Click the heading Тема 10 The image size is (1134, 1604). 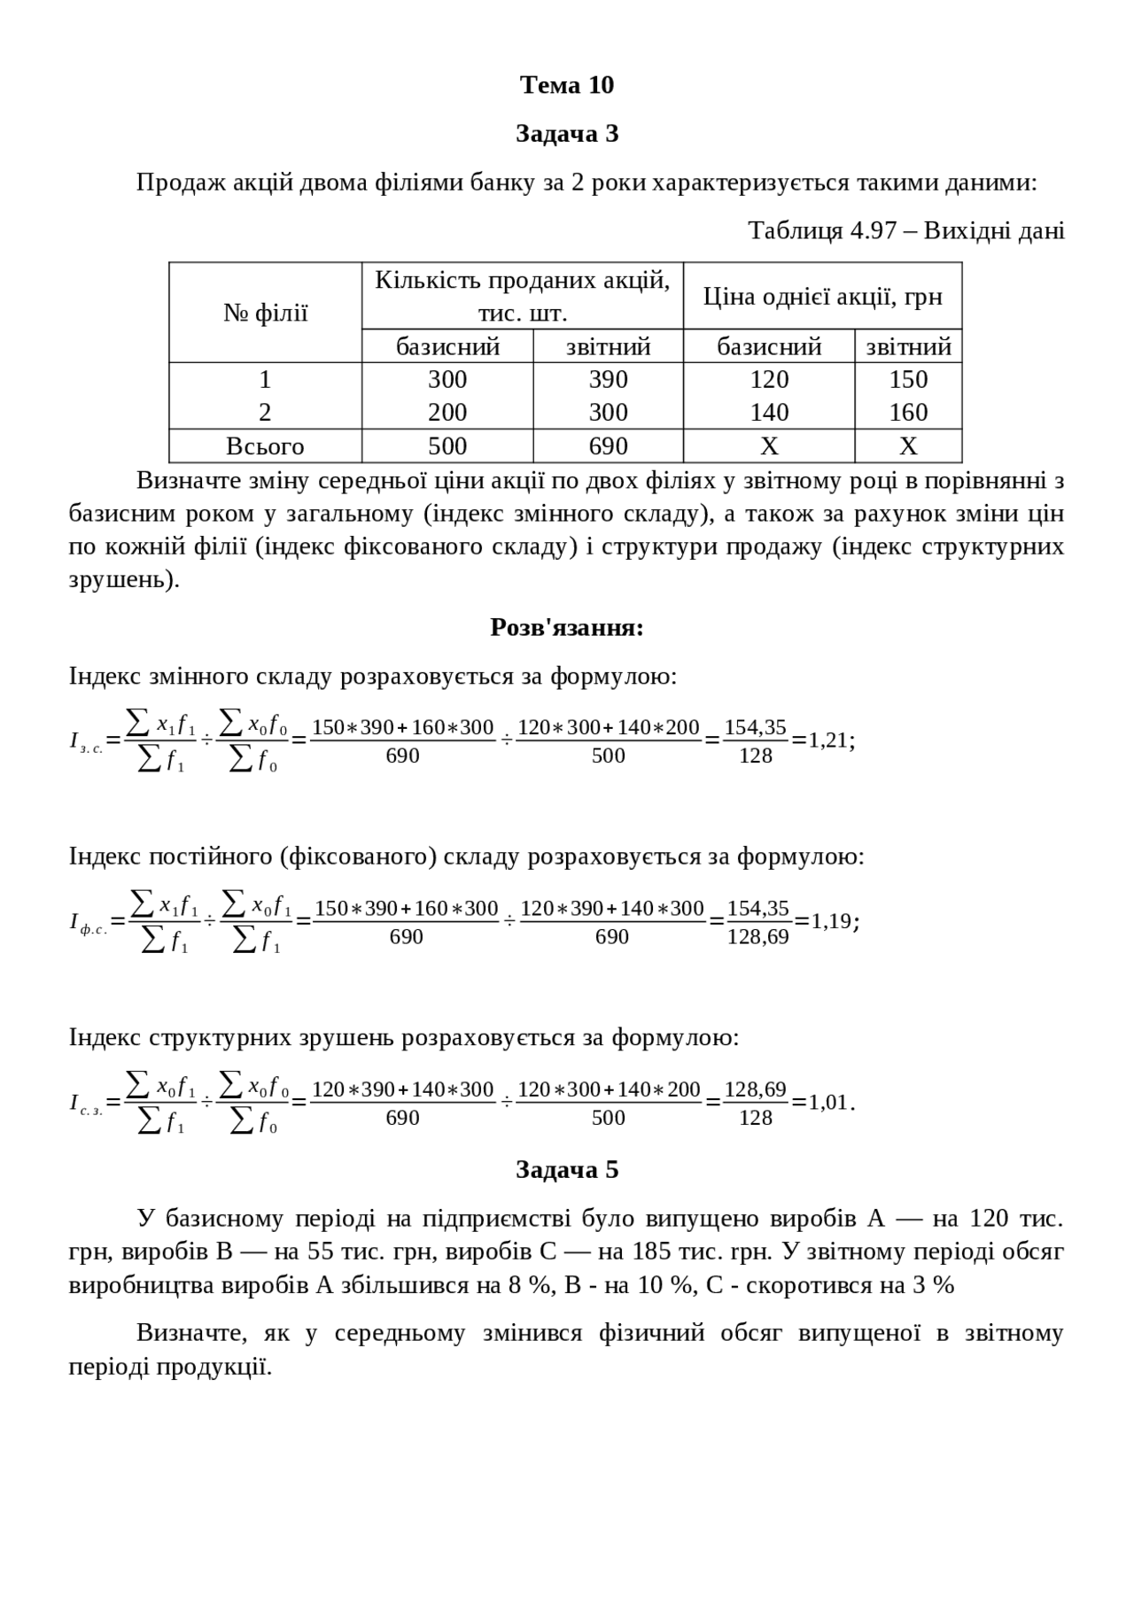pos(567,85)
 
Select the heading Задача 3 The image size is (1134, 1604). pos(567,134)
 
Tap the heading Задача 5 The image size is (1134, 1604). pos(567,1170)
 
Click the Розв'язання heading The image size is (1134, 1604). pos(567,627)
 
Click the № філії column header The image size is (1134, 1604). pos(265,313)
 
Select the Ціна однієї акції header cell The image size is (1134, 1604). pos(822,297)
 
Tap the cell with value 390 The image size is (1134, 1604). pos(608,379)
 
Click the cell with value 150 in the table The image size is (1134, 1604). pos(908,379)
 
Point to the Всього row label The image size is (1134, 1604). pos(265,446)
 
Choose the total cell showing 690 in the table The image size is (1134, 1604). pos(608,446)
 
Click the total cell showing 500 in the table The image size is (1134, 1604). pos(447,446)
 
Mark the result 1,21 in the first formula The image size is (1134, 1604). pos(828,740)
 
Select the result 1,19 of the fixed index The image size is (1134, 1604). pos(832,921)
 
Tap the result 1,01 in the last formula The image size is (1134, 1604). pos(828,1103)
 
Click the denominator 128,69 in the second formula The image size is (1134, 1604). pos(757,937)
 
